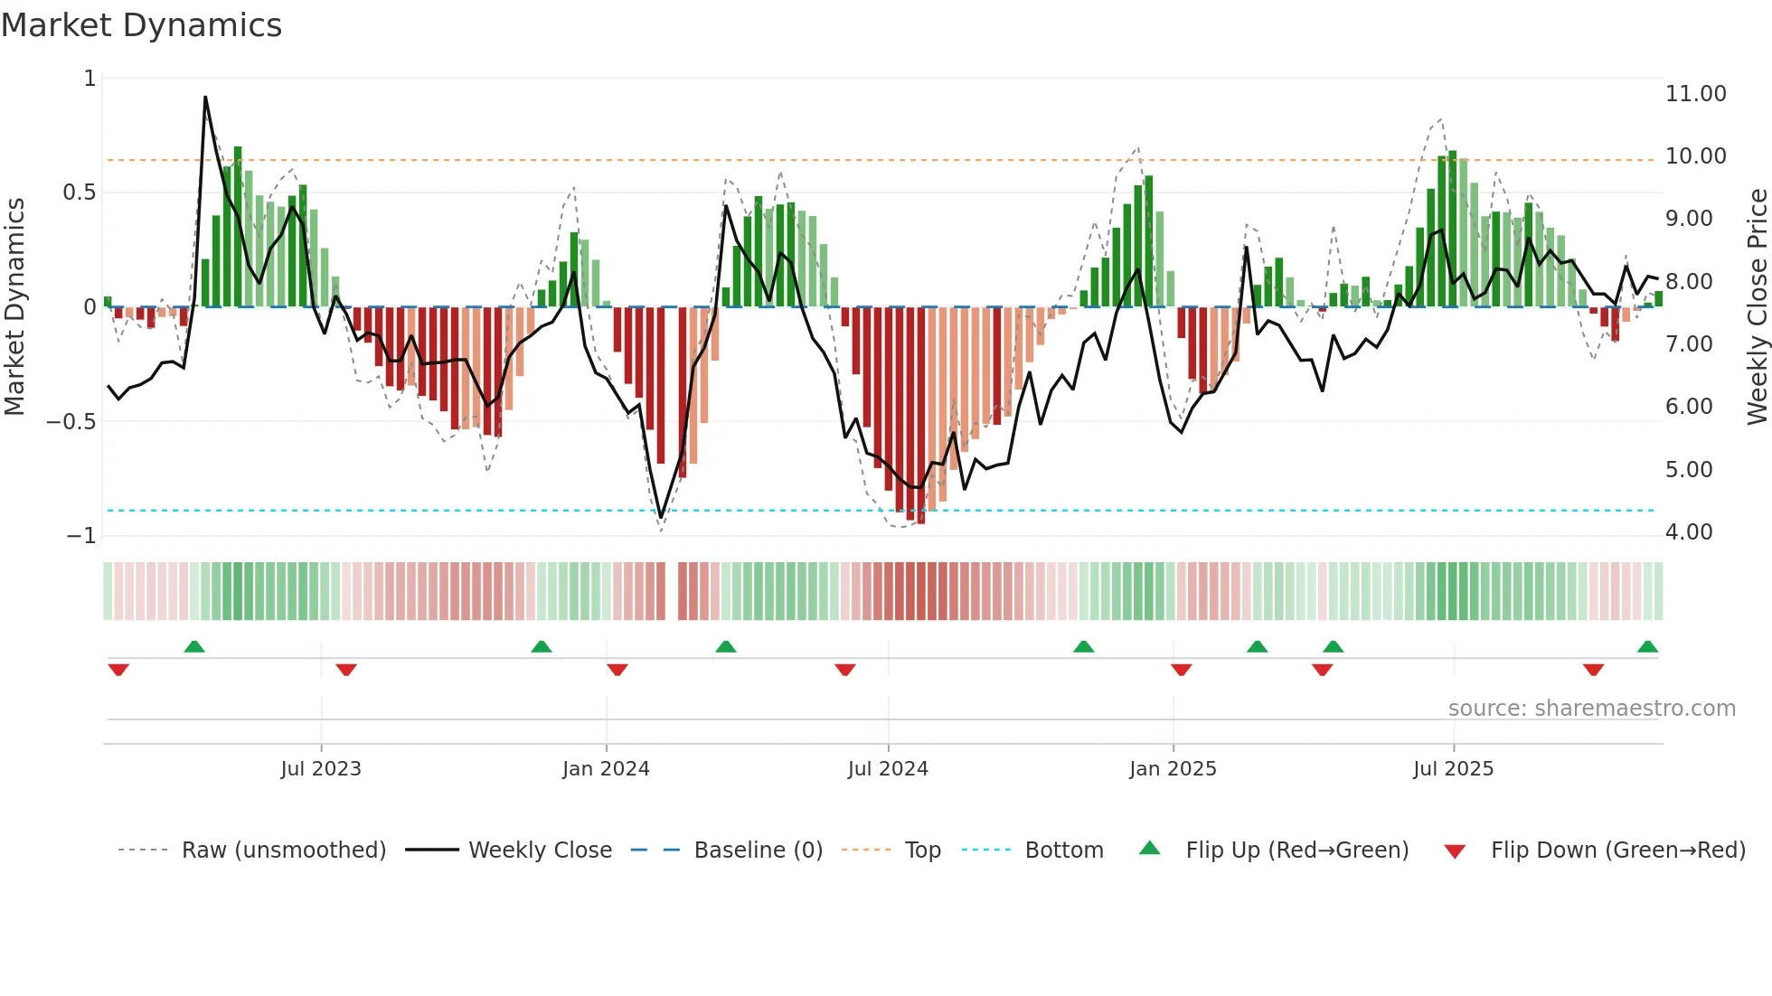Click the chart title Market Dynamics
point(141,25)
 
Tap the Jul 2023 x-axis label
point(321,769)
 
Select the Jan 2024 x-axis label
point(606,769)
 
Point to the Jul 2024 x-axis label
point(888,769)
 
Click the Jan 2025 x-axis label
point(1173,769)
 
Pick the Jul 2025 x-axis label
point(1454,769)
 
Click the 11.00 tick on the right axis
point(1695,94)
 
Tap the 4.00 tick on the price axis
point(1688,532)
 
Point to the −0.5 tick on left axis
point(71,422)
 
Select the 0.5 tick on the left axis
point(79,193)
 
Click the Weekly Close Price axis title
point(1757,306)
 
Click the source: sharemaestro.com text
point(1591,709)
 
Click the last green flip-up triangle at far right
point(1647,647)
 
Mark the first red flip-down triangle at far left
point(118,670)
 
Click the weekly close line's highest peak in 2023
point(205,97)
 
